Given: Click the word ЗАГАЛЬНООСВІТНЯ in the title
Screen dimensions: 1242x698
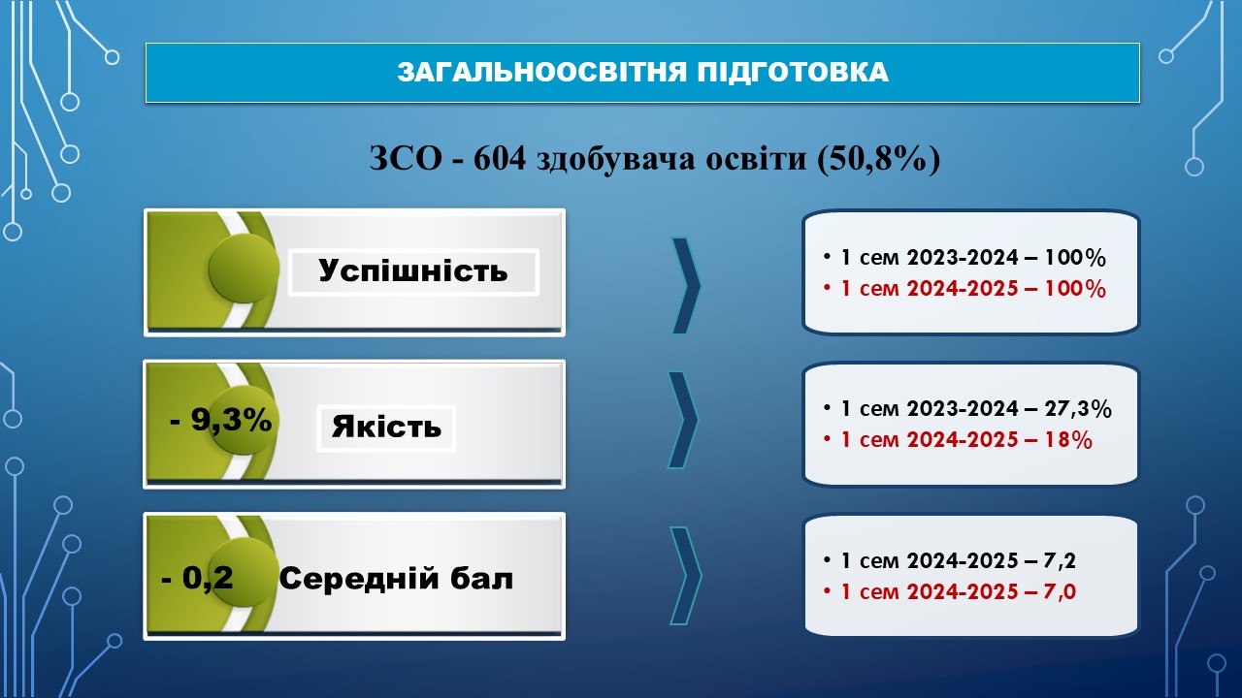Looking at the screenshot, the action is click(x=542, y=73).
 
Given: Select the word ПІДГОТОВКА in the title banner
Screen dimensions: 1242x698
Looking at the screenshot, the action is click(x=793, y=73).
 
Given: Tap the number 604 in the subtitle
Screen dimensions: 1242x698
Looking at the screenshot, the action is click(x=500, y=158).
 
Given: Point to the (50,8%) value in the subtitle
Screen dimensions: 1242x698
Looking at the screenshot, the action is click(x=878, y=160).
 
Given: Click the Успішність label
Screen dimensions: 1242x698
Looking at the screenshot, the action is click(x=413, y=271).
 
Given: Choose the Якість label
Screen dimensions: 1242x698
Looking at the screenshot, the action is click(x=386, y=428).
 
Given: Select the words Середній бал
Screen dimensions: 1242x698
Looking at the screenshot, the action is click(x=396, y=579).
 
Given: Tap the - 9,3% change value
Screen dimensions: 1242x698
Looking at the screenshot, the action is click(x=220, y=420).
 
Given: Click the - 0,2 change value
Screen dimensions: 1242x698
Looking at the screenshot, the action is click(x=197, y=579).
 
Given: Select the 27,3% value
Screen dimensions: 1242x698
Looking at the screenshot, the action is click(x=1078, y=409).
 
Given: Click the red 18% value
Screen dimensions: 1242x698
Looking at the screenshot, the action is click(x=1068, y=440).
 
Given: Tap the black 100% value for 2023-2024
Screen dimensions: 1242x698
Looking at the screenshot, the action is click(x=1075, y=258).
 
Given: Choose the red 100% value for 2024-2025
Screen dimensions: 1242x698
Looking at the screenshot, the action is click(x=1075, y=289).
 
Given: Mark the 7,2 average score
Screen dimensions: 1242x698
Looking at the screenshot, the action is click(x=1060, y=561).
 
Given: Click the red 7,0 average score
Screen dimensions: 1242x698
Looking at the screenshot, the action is click(x=1060, y=592).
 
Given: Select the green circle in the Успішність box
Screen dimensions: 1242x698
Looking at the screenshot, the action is click(x=244, y=269).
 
